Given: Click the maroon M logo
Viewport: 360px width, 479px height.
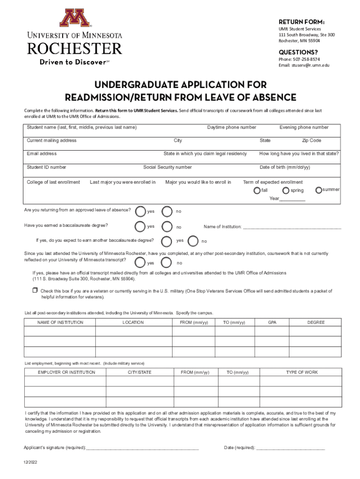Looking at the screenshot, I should pyautogui.click(x=74, y=18).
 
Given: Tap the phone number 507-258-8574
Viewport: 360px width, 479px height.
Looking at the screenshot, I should pyautogui.click(x=306, y=59).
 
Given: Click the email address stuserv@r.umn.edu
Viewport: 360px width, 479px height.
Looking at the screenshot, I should pyautogui.click(x=311, y=65).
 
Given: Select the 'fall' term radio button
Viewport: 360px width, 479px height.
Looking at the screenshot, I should pyautogui.click(x=257, y=190).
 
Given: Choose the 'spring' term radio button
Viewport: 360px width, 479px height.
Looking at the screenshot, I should pyautogui.click(x=286, y=190).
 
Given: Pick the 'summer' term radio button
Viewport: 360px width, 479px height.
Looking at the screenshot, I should pyautogui.click(x=318, y=189).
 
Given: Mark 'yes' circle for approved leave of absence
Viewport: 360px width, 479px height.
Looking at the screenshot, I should pyautogui.click(x=140, y=211).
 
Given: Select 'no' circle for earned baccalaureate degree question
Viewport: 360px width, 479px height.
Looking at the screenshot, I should pyautogui.click(x=167, y=227).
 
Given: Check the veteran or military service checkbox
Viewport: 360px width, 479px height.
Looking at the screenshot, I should pyautogui.click(x=35, y=290).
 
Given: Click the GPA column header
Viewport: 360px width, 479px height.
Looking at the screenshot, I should pyautogui.click(x=272, y=322).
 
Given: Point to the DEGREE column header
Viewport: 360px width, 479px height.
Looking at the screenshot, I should pyautogui.click(x=316, y=322).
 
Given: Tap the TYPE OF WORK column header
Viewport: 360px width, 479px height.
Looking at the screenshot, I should pyautogui.click(x=302, y=372).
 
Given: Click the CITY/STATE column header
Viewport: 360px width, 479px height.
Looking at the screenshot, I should pyautogui.click(x=140, y=372).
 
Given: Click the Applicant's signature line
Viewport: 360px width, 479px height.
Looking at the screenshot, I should pyautogui.click(x=143, y=448).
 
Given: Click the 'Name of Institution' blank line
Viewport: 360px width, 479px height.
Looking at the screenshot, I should pyautogui.click(x=292, y=227).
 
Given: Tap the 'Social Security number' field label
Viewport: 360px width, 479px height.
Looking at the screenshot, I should pyautogui.click(x=167, y=167).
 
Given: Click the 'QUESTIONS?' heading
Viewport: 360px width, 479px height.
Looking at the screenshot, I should pyautogui.click(x=298, y=51).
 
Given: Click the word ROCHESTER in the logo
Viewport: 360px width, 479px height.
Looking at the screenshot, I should pyautogui.click(x=75, y=48).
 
